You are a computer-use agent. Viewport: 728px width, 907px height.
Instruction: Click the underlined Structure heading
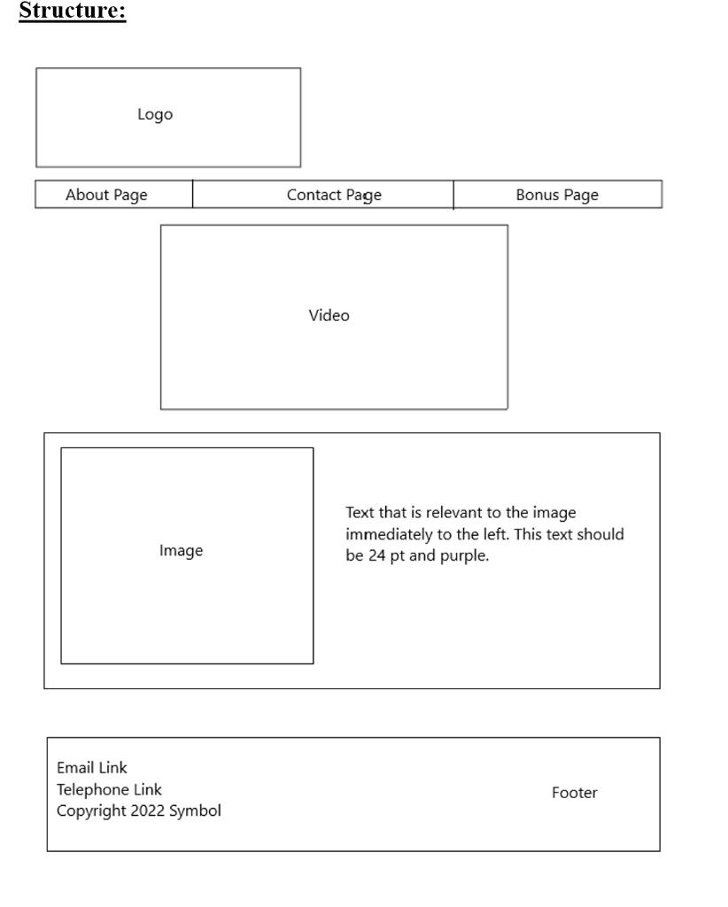[73, 12]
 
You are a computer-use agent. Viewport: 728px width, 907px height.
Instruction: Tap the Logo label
[155, 114]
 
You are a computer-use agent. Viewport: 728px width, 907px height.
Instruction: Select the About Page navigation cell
[106, 195]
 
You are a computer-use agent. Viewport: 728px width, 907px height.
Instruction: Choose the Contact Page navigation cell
[334, 195]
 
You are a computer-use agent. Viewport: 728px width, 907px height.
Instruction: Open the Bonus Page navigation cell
[557, 195]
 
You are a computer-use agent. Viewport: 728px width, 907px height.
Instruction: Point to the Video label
[329, 315]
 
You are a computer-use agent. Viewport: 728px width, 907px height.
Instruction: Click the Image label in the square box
[181, 551]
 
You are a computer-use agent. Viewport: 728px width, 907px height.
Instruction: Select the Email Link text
[92, 768]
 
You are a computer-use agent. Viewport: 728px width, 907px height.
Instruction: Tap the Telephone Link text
[110, 789]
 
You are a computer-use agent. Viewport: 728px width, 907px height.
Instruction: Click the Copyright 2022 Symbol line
[139, 810]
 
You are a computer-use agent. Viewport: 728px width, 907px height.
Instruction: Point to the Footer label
[574, 793]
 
